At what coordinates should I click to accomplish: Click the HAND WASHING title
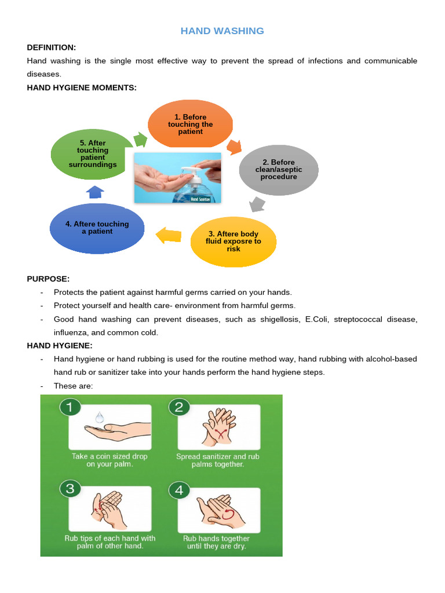tap(222, 31)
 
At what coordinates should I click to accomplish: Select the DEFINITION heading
tap(52, 47)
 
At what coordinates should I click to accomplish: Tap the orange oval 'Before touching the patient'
tap(191, 124)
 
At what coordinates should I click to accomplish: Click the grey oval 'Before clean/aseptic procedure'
tap(279, 169)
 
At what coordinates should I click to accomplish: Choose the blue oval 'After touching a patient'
tap(97, 228)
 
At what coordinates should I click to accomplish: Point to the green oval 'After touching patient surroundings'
tap(93, 153)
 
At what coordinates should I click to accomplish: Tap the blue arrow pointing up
tap(94, 192)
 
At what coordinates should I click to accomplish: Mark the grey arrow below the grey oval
tap(257, 204)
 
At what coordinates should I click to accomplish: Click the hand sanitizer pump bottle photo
tap(177, 178)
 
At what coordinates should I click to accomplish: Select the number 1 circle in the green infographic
tap(70, 407)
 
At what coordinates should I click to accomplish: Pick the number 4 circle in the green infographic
tap(179, 490)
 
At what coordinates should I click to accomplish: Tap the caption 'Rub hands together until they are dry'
tap(216, 542)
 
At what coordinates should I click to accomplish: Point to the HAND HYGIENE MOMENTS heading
tap(82, 87)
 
